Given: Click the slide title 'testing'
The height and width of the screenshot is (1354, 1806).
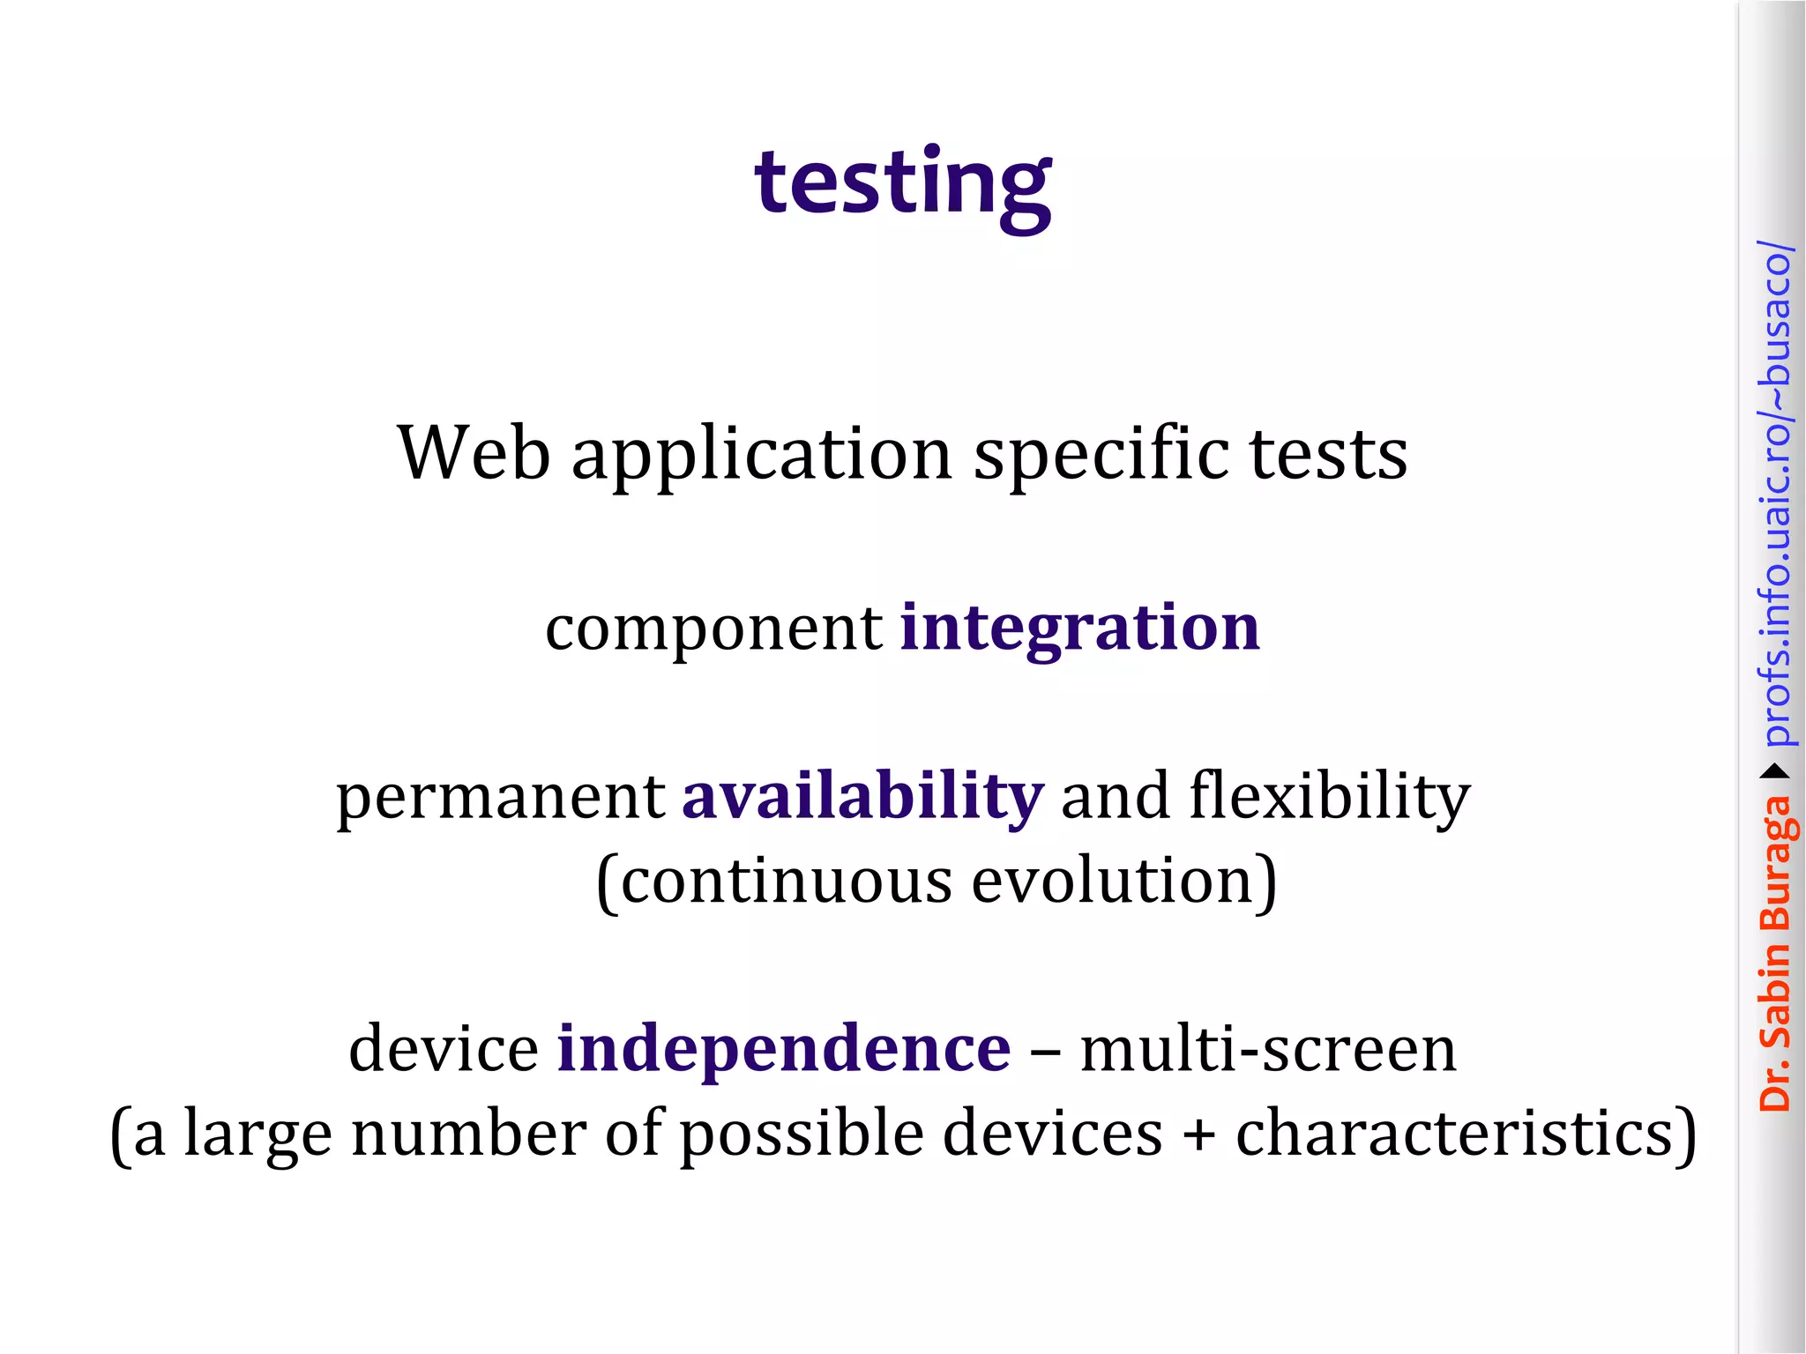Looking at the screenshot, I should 902,182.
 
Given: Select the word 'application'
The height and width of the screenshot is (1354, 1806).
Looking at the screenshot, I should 762,455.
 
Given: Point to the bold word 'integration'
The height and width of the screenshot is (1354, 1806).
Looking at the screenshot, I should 1079,629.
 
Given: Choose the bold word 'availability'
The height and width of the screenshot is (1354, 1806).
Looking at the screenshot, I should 862,797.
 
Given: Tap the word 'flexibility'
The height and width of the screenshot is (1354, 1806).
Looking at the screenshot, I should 1329,797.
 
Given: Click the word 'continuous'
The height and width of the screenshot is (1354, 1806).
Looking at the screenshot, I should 785,882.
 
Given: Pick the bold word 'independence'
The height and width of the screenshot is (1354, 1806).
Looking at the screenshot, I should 783,1049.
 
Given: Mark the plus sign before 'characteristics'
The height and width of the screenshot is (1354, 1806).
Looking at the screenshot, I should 1199,1135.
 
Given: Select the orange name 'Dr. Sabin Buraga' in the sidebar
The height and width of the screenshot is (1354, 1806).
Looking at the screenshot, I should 1774,952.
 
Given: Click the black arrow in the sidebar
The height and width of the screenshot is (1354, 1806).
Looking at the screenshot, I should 1775,772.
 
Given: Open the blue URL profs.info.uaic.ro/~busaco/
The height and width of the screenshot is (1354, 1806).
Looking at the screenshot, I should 1775,494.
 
